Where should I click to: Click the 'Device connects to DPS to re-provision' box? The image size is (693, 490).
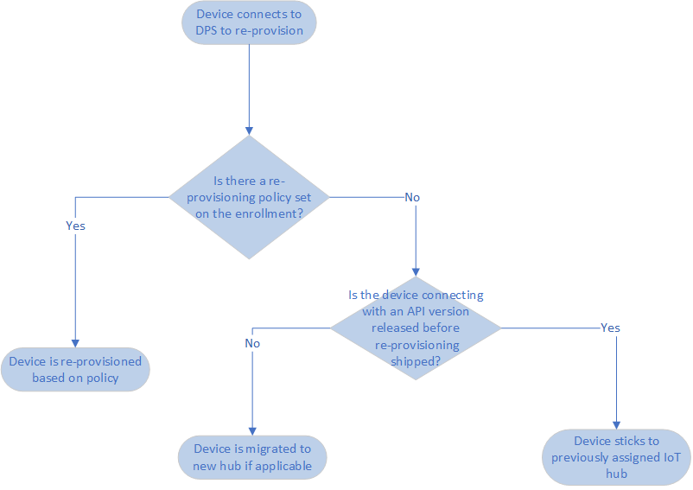click(249, 22)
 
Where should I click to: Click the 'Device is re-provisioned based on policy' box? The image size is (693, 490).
click(75, 370)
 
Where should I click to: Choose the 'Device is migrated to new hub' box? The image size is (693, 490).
click(252, 457)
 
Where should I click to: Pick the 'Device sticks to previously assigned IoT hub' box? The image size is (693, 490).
click(617, 457)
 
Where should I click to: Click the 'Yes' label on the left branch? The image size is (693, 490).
click(75, 226)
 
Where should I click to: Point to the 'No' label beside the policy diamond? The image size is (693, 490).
click(412, 197)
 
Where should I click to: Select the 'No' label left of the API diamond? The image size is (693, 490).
click(252, 343)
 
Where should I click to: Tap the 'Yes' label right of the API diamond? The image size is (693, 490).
click(609, 328)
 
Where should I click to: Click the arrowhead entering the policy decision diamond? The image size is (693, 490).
click(249, 129)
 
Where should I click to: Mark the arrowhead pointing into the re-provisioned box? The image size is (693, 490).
click(75, 342)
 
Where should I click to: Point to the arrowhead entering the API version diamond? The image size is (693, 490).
click(416, 270)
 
